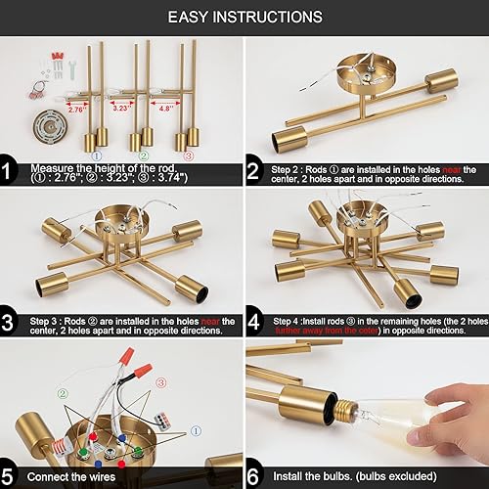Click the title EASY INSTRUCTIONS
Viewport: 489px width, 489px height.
(244, 17)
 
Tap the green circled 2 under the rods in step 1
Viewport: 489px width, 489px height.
(143, 155)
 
